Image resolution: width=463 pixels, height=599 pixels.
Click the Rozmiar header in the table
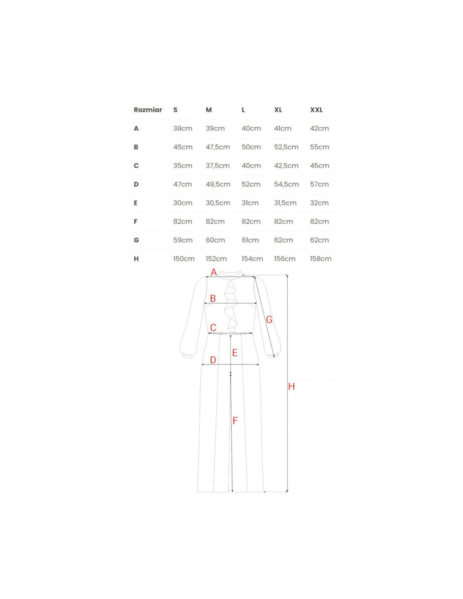pos(148,110)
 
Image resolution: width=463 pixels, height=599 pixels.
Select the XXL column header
pos(316,110)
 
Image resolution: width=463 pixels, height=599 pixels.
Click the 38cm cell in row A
pos(183,128)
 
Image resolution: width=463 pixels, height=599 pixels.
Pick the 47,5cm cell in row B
pos(218,147)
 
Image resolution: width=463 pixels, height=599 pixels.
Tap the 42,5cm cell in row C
pos(286,166)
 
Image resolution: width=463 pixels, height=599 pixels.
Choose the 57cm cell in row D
pos(319,184)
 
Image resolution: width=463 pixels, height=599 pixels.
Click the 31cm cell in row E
pos(250,203)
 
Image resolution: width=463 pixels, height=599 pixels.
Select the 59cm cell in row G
pos(183,240)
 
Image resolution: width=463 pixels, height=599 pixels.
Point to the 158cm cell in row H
pos(320,259)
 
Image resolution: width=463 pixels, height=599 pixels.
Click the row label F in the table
pos(136,221)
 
